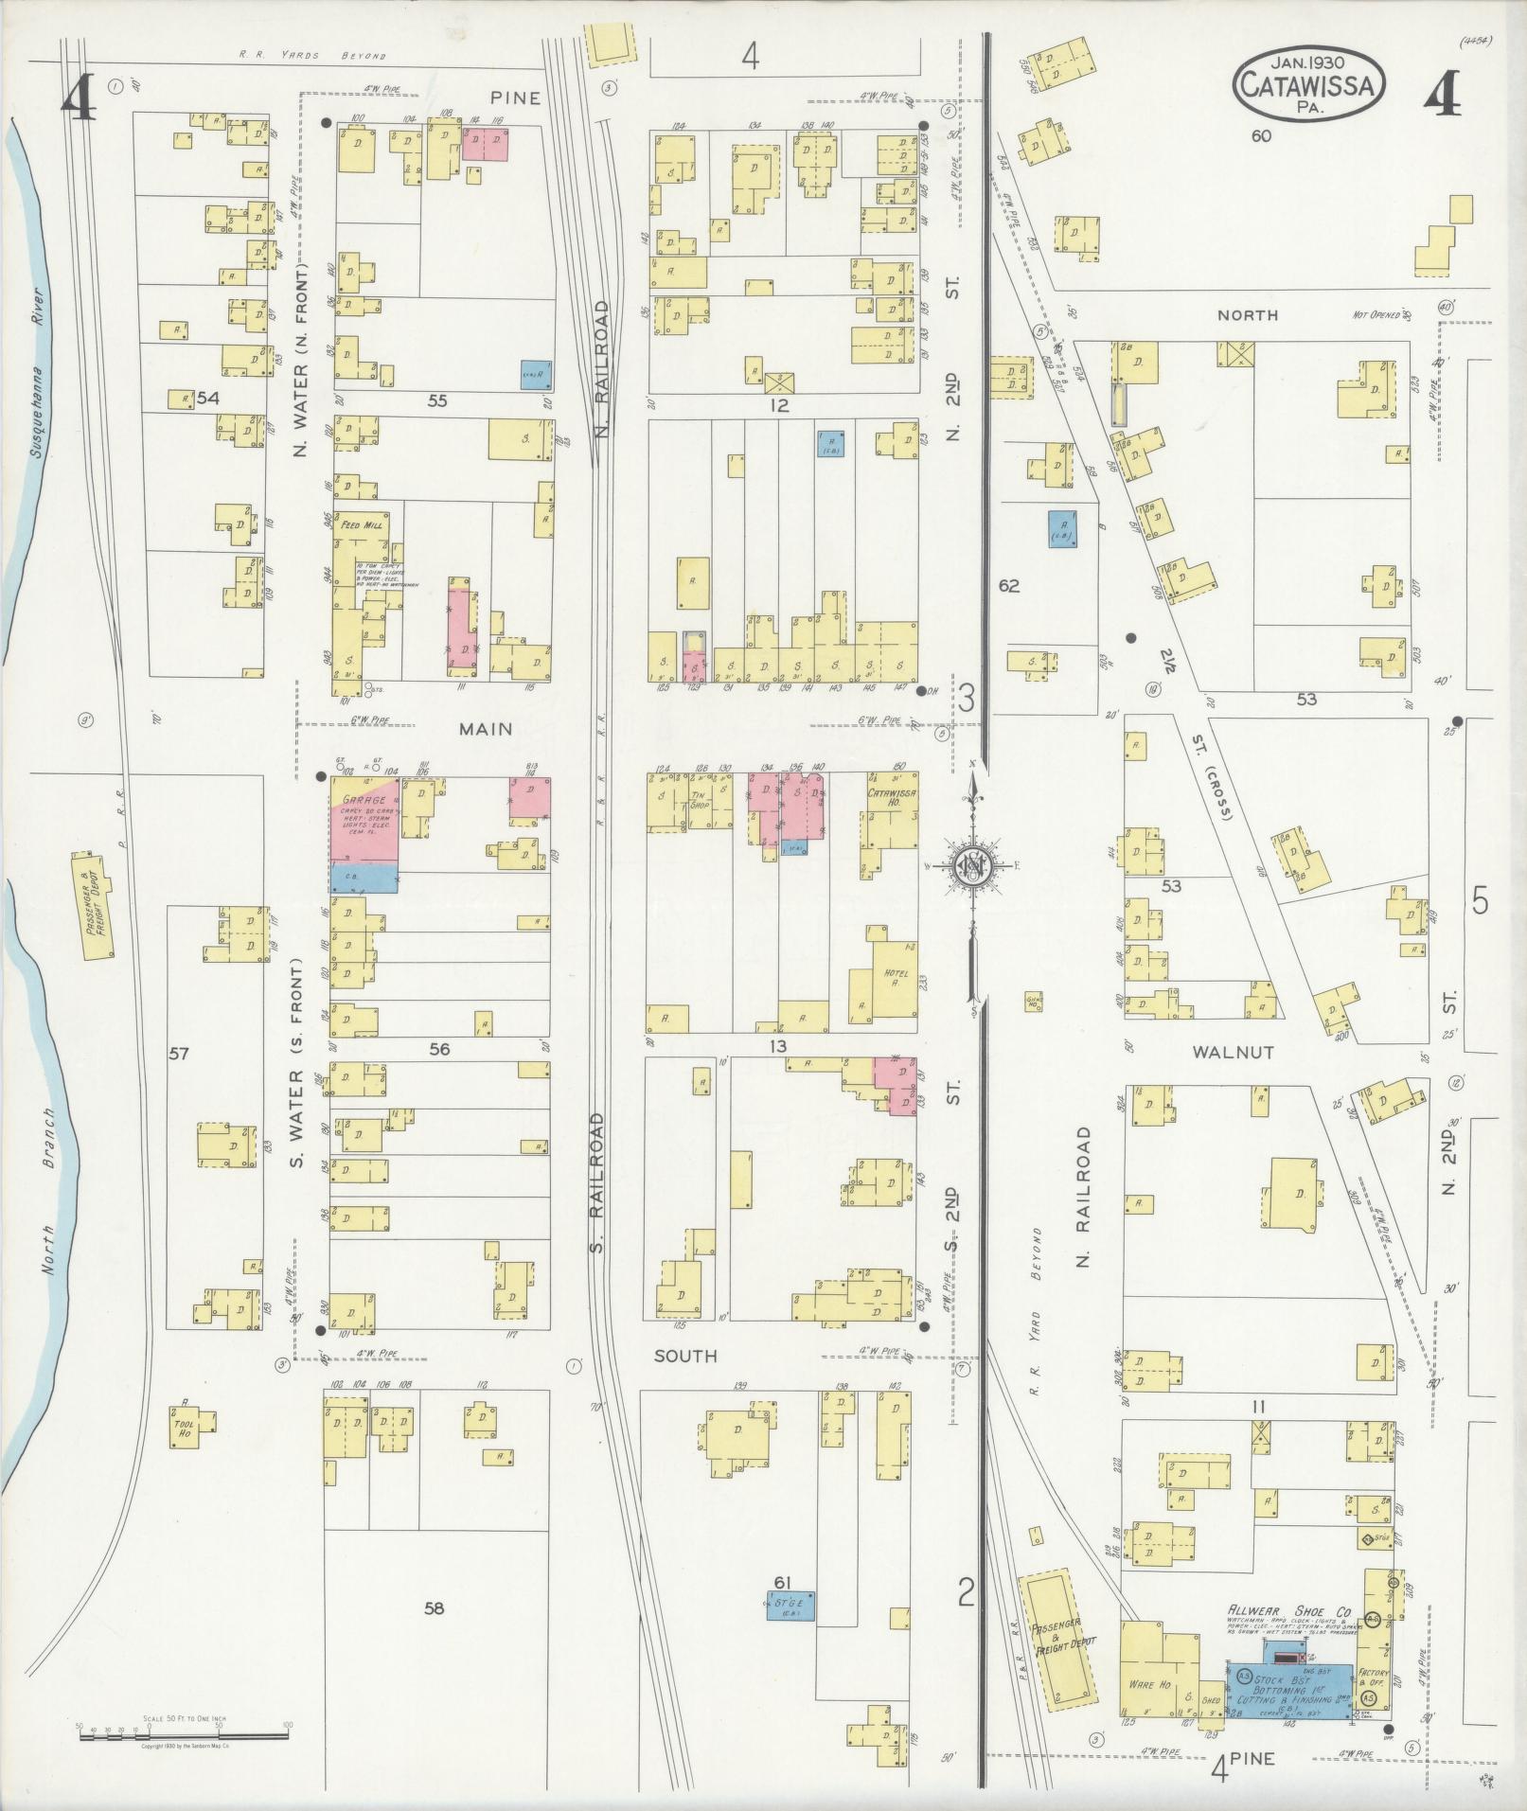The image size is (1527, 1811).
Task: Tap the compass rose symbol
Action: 971,863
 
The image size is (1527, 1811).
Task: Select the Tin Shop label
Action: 700,800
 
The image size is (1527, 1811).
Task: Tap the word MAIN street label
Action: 485,728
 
